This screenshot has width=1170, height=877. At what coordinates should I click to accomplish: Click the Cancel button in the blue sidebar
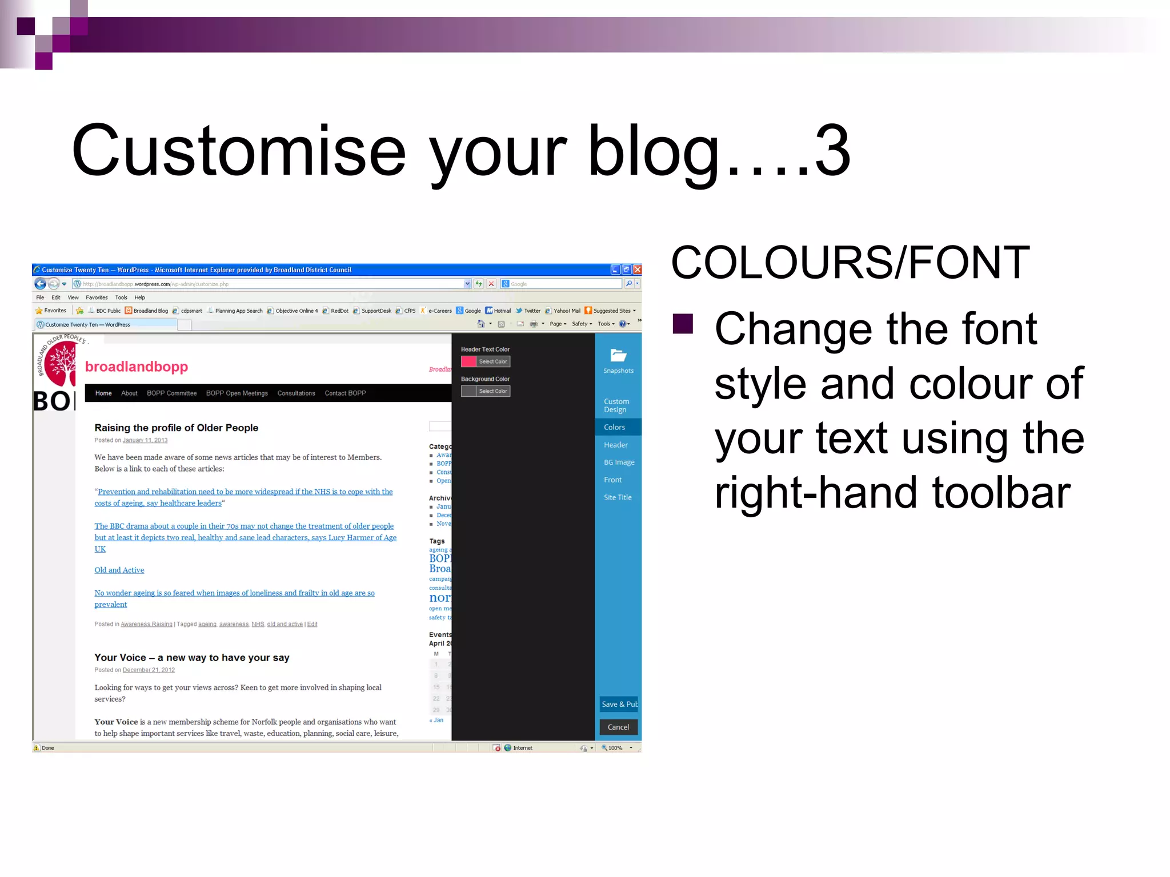pos(618,727)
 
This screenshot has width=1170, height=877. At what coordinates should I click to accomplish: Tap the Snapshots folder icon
pos(618,355)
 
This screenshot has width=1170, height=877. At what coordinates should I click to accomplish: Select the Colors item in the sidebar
pos(615,427)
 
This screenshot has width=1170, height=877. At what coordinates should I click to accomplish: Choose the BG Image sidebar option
pos(619,462)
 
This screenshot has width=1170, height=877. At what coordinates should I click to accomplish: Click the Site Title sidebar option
pos(618,497)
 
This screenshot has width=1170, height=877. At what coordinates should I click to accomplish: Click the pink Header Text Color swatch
pos(468,361)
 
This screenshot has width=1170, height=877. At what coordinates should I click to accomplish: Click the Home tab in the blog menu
pos(103,393)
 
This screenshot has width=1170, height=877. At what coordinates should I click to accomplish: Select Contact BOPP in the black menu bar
pos(345,393)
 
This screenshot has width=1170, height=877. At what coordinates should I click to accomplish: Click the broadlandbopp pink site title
pos(137,367)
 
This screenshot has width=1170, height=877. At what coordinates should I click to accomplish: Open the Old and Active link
pos(119,570)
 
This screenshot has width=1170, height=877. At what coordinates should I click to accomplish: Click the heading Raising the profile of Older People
pos(176,428)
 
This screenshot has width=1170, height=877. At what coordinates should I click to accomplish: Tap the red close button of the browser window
pos(637,269)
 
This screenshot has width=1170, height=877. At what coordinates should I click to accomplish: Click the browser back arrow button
pos(41,284)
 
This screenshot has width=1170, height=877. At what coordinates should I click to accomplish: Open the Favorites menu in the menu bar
pos(97,297)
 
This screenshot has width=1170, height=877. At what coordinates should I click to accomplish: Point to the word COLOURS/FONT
pos(850,263)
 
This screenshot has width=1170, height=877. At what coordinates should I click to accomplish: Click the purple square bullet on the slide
pos(683,324)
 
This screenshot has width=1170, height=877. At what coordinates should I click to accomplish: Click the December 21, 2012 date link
pos(149,670)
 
